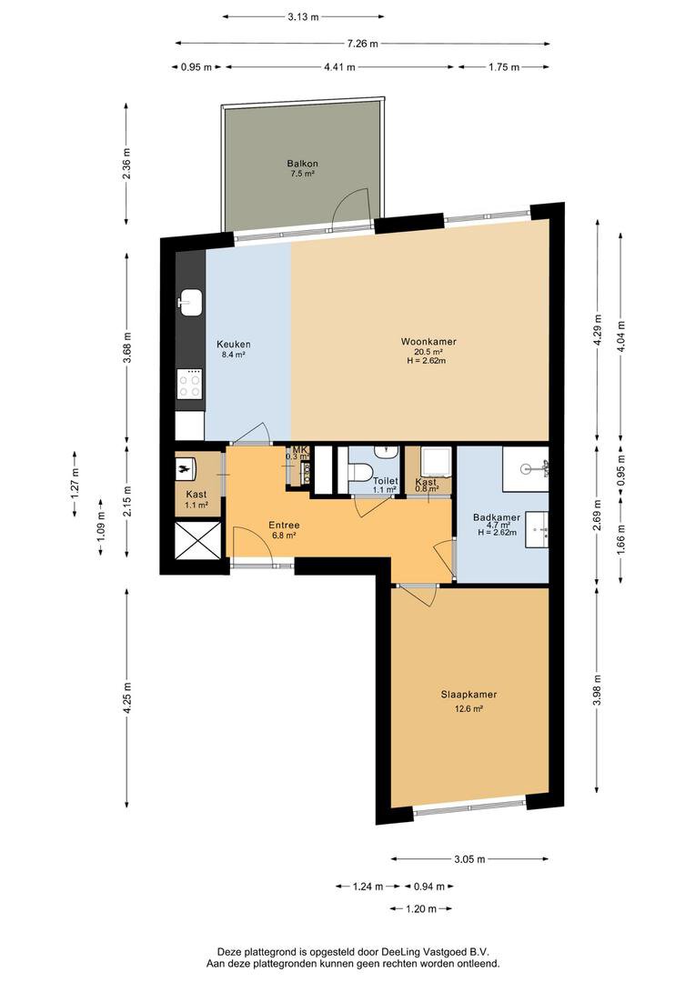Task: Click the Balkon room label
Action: [302, 164]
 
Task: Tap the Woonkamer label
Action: [428, 342]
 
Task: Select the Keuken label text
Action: [233, 345]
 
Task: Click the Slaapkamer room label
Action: [470, 694]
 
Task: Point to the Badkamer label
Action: [497, 517]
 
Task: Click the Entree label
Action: [284, 525]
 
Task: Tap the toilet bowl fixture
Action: [359, 472]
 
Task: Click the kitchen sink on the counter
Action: [190, 302]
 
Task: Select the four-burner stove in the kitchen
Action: [189, 385]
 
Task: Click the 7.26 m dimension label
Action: [361, 43]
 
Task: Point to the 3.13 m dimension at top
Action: [302, 16]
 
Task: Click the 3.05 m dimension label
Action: [469, 858]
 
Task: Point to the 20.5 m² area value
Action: [428, 352]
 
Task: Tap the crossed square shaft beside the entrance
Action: [197, 541]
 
